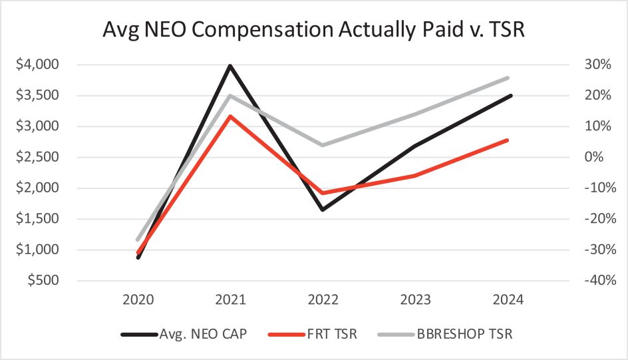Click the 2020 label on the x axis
138,301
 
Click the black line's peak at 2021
230,66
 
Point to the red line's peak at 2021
230,116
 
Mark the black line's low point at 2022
323,210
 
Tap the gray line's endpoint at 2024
509,78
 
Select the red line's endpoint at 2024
509,140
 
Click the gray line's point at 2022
323,145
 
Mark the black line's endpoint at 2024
510,96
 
